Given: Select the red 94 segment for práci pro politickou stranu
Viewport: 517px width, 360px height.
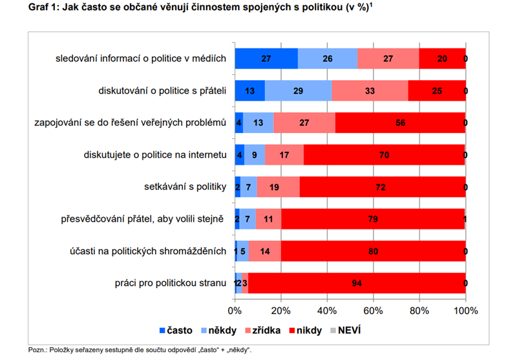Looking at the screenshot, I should [x=357, y=283].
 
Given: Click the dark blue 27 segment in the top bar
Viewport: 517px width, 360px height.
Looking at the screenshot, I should [x=266, y=59].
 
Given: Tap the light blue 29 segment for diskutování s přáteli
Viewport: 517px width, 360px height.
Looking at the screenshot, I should [x=298, y=91].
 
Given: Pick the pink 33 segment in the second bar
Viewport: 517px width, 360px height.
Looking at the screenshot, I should [x=370, y=91].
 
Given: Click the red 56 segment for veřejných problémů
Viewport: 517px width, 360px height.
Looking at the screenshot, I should [x=401, y=123].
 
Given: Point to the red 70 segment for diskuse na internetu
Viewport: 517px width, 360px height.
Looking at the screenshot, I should [x=385, y=155].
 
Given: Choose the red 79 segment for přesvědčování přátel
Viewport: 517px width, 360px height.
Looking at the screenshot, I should [x=373, y=219].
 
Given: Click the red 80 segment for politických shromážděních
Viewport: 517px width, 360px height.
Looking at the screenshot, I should [x=373, y=251].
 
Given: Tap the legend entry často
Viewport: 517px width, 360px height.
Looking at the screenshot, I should [x=175, y=330].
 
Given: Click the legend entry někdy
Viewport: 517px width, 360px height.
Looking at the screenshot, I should [x=218, y=330].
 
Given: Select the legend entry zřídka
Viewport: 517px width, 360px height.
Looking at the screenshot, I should [x=261, y=330].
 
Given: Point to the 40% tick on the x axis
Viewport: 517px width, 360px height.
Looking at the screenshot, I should [x=327, y=310].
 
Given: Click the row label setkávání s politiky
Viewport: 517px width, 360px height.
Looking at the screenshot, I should [x=184, y=187].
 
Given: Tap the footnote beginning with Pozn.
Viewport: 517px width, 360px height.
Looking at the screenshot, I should [x=140, y=350].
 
